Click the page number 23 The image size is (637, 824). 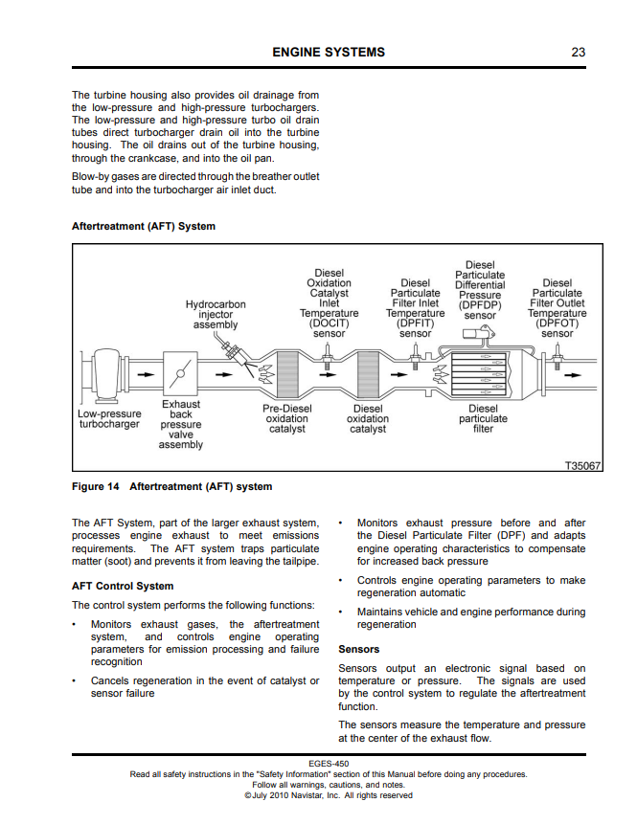(578, 52)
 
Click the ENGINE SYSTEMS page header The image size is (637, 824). (329, 52)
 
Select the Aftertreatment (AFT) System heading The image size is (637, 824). (144, 227)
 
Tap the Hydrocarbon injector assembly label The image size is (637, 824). (216, 315)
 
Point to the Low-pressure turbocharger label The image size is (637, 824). (108, 419)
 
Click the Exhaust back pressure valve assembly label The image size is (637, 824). (181, 425)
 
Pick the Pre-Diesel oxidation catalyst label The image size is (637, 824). (286, 419)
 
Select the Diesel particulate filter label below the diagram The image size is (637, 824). (484, 419)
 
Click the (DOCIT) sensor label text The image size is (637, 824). (329, 328)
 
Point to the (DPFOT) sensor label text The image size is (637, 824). (557, 328)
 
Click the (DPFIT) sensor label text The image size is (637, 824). (415, 328)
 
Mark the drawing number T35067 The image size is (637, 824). (582, 466)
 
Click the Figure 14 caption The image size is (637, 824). (172, 487)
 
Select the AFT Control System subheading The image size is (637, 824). (123, 586)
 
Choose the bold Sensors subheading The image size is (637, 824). (359, 649)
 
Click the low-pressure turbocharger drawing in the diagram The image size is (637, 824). (105, 375)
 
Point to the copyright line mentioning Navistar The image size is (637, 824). (329, 795)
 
